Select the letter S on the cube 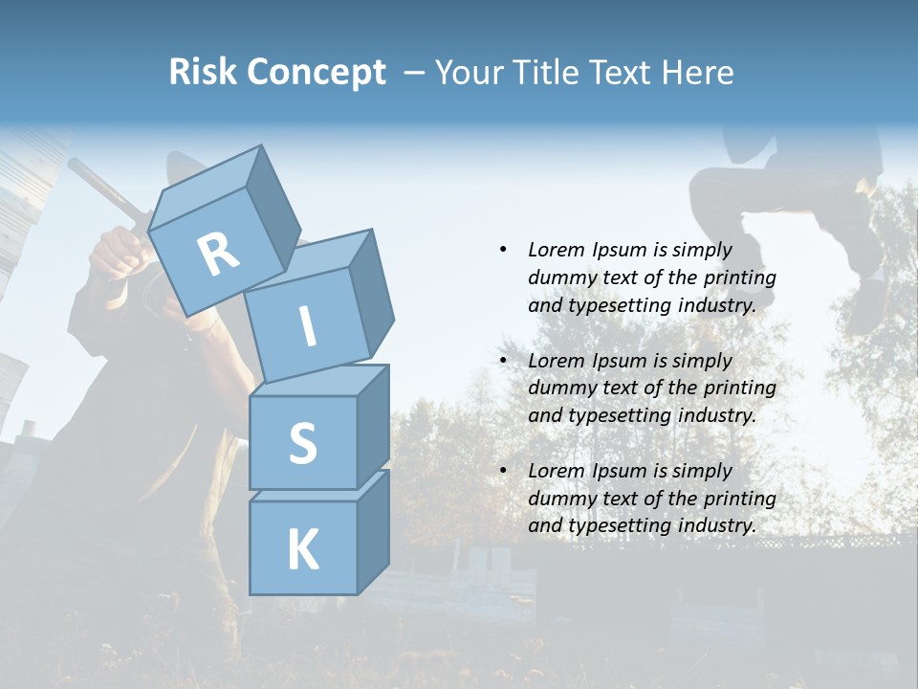[302, 443]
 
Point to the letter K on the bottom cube [302, 550]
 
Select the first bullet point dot [503, 250]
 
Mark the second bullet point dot [503, 361]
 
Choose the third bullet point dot [503, 471]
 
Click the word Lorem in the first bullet [558, 250]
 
